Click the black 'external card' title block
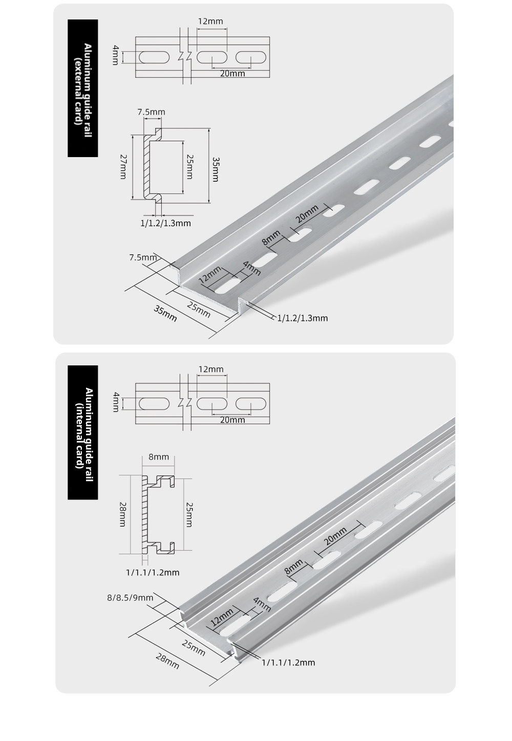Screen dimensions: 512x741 83,88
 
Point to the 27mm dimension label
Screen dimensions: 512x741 123,167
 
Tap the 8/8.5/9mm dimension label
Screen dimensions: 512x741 130,598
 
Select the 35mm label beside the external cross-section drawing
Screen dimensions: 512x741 216,170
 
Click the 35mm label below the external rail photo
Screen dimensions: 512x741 165,314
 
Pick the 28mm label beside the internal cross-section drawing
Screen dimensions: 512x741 122,514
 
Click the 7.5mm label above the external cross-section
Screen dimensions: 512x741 151,112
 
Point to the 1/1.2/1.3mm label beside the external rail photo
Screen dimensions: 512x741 303,318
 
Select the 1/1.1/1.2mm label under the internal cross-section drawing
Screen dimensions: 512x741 153,572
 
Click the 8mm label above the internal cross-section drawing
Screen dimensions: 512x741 159,457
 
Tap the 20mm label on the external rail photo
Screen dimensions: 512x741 307,213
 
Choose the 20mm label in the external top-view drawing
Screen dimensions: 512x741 232,74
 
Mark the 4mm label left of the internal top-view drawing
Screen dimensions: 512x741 116,402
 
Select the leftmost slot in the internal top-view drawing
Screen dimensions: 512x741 154,404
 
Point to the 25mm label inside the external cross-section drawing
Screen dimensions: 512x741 189,167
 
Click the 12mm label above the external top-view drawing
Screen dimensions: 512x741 210,21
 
